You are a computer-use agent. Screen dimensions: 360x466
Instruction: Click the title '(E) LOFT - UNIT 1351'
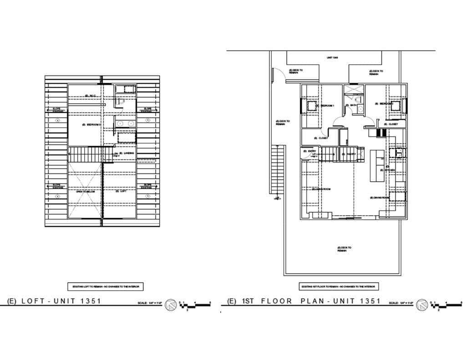(54, 301)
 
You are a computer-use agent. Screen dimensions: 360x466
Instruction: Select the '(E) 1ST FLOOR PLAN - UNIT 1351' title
(304, 301)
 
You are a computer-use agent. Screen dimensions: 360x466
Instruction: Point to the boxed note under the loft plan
(106, 287)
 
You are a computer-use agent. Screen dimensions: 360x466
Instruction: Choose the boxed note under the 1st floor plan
(339, 287)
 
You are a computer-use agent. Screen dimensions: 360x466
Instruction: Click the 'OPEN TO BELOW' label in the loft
(85, 192)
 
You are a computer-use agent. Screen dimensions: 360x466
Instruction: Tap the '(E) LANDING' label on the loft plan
(124, 153)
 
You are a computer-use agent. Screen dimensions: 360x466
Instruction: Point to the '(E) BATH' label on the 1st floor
(352, 106)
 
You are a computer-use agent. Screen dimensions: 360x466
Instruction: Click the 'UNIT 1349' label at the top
(332, 58)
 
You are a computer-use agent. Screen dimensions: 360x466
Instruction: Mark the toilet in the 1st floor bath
(359, 99)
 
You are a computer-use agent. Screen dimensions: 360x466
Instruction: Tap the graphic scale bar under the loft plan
(196, 305)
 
